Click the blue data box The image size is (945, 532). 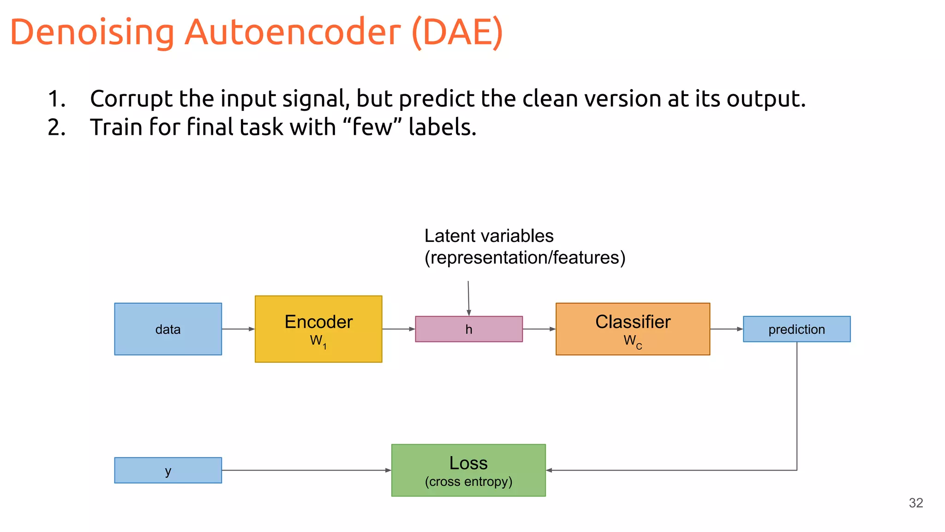coord(168,329)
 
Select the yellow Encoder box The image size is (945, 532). coord(318,329)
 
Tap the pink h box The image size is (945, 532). coord(469,329)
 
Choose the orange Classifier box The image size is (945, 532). coord(633,329)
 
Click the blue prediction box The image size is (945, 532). coord(796,329)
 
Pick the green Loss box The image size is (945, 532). coord(468,470)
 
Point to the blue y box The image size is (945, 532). coord(168,470)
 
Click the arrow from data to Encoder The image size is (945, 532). coord(238,329)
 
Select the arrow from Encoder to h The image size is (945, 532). coord(399,329)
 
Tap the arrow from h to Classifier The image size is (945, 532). coord(539,329)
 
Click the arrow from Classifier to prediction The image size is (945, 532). coord(726,329)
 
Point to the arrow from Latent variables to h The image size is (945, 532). coord(468,298)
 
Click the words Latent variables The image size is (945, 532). coord(489,236)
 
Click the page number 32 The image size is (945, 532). coord(916,503)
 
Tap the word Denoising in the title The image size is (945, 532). coord(92,32)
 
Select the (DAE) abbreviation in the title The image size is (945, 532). coord(457,32)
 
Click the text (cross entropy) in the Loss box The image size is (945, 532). coord(468,482)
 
